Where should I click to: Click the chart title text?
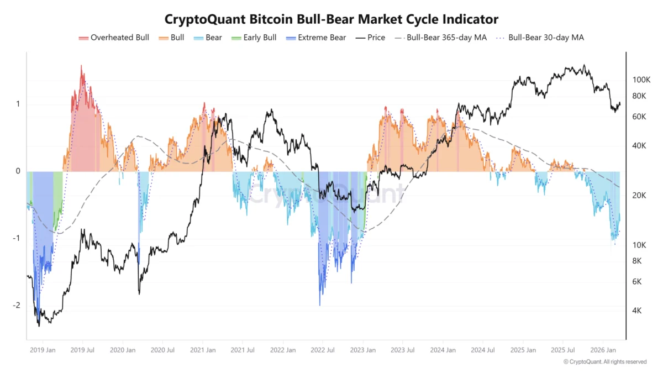331,19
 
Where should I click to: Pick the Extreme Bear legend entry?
316,38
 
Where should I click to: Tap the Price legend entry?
370,38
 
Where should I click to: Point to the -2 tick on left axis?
17,305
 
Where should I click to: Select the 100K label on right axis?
642,80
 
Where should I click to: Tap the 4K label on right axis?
637,311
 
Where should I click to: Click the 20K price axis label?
639,196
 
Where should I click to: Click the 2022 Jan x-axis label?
283,350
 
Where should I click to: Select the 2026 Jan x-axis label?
605,350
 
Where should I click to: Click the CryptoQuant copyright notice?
604,362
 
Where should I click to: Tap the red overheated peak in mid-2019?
82,66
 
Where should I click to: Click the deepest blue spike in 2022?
320,304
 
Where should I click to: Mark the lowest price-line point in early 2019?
39,326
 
